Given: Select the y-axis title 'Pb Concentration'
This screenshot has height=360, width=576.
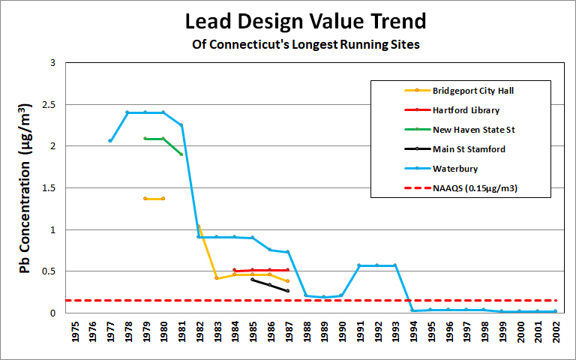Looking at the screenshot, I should pyautogui.click(x=25, y=187).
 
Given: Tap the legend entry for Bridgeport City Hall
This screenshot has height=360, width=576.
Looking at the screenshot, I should pyautogui.click(x=472, y=91).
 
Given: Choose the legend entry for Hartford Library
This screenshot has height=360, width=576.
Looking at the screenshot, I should pyautogui.click(x=466, y=110).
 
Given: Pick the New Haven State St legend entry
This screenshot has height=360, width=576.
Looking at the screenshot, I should pyautogui.click(x=472, y=130).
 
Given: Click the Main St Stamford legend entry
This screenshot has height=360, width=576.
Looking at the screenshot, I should pyautogui.click(x=469, y=149).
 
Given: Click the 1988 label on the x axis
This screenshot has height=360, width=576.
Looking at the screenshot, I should pyautogui.click(x=306, y=333).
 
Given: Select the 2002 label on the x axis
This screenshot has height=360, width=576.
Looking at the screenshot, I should pyautogui.click(x=556, y=333).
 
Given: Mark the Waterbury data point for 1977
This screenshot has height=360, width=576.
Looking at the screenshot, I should pyautogui.click(x=110, y=140).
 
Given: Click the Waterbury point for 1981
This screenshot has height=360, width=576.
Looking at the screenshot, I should pyautogui.click(x=181, y=125).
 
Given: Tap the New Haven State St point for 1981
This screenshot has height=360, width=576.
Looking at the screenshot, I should pyautogui.click(x=181, y=154).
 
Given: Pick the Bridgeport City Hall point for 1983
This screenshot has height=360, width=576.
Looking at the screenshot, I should pyautogui.click(x=216, y=278).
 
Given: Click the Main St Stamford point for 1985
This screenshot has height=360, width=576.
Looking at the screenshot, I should pyautogui.click(x=252, y=279).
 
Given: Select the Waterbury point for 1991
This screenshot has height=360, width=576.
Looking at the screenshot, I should pyautogui.click(x=359, y=265).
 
